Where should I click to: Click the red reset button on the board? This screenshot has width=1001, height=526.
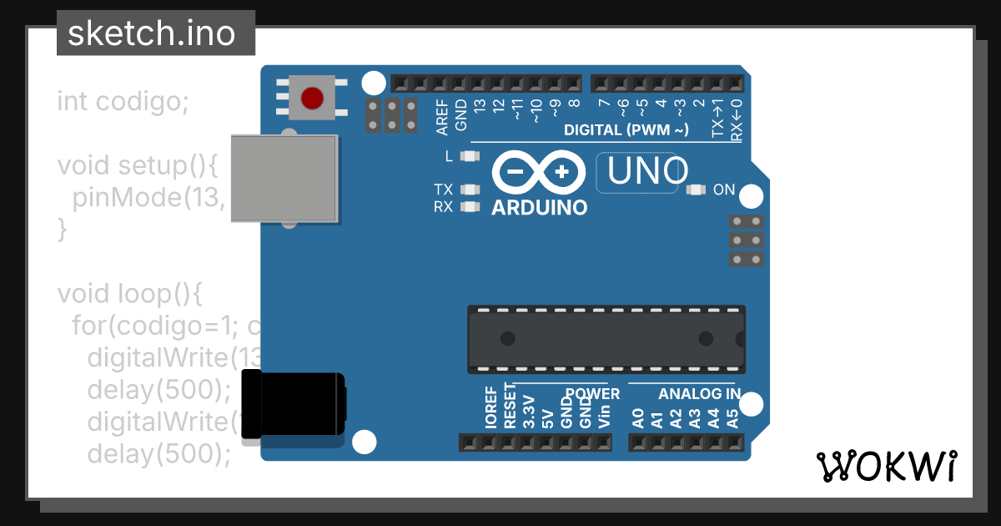312,98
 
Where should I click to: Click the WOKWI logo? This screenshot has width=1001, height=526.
887,466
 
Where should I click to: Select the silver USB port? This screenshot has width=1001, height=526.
284,179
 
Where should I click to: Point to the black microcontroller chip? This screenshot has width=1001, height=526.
606,339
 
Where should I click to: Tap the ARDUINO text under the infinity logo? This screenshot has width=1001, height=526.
539,208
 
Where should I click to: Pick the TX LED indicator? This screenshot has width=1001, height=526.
471,190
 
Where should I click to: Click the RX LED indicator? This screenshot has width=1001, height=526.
471,206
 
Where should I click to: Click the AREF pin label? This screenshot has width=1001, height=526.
442,116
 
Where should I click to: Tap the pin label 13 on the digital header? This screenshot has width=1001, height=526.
480,107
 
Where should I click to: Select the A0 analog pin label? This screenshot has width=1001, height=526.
638,417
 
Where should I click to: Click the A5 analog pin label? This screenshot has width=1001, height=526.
733,417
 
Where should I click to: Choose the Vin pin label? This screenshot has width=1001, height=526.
605,412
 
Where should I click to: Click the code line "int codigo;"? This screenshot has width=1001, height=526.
123,102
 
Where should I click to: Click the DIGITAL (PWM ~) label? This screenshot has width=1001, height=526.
626,130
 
